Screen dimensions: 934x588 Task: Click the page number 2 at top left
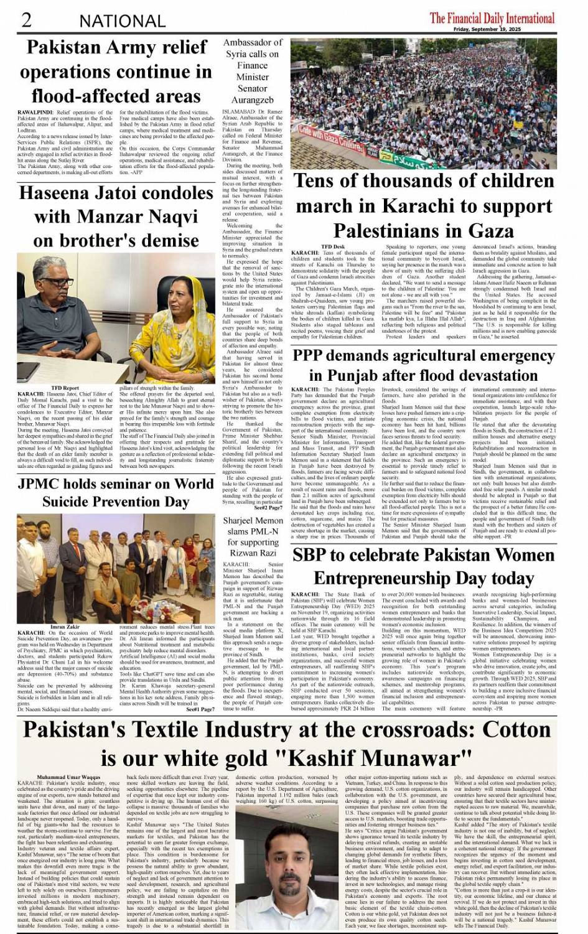pyautogui.click(x=26, y=20)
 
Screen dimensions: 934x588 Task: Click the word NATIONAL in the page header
pyautogui.click(x=122, y=21)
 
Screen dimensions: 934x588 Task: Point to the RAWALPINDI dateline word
pyautogui.click(x=34, y=113)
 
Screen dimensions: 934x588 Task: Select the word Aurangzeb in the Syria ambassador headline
pyautogui.click(x=252, y=100)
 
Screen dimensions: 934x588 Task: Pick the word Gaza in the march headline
pyautogui.click(x=483, y=231)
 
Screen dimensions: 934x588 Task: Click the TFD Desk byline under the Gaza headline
pyautogui.click(x=333, y=247)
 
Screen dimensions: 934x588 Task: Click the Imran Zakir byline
pyautogui.click(x=65, y=627)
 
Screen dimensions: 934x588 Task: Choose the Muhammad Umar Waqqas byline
pyautogui.click(x=68, y=777)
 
